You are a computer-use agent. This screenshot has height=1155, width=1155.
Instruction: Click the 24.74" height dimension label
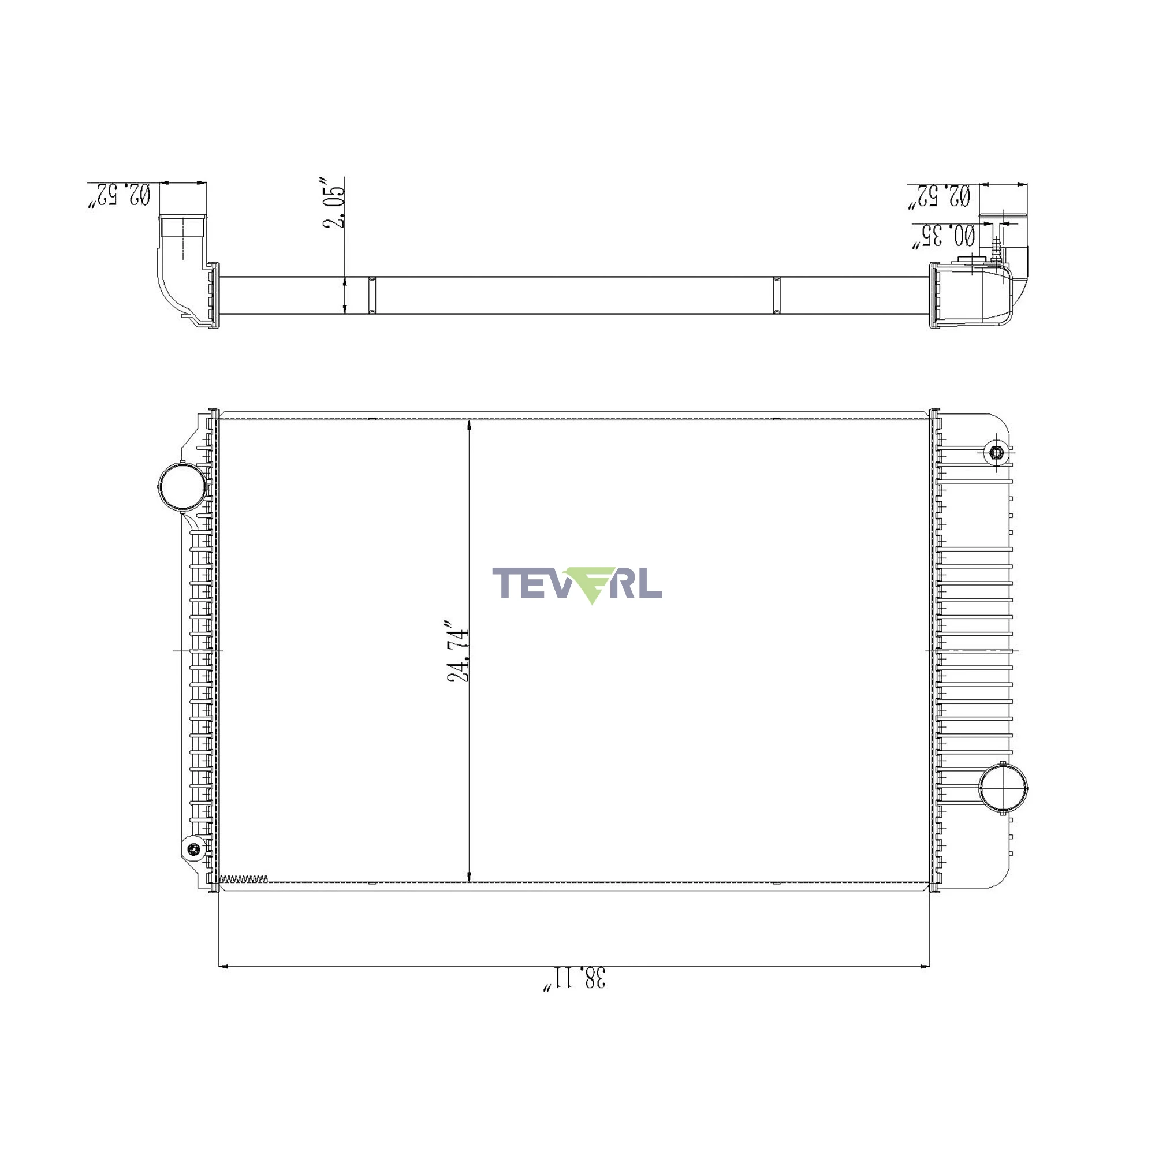tap(459, 655)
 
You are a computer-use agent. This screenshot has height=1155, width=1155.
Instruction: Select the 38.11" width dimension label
tap(574, 979)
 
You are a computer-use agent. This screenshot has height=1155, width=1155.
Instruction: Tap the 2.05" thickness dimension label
tap(334, 203)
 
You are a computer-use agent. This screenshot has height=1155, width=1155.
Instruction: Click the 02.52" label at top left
tap(120, 196)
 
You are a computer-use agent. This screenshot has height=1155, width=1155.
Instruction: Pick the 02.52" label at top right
tap(939, 196)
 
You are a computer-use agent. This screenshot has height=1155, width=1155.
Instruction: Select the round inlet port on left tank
tap(182, 487)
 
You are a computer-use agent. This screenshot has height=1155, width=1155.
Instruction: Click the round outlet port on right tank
tap(1003, 787)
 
